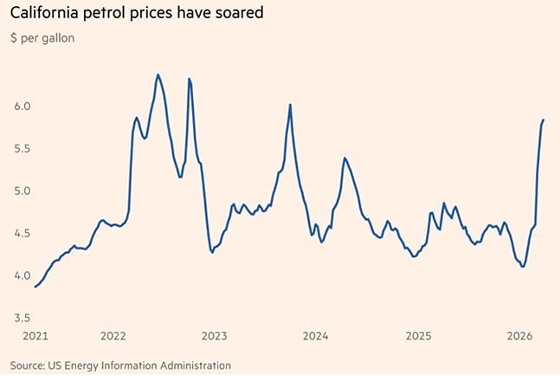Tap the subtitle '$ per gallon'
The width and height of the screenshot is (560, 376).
pos(43,39)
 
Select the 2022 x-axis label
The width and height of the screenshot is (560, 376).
pos(114,335)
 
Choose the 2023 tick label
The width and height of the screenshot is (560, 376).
pos(215,335)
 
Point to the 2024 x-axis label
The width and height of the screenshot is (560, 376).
pos(316,335)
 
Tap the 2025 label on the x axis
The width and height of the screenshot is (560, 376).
pos(418,335)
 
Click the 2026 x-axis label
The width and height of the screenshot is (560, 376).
pos(518,335)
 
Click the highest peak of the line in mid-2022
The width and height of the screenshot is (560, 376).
pos(158,75)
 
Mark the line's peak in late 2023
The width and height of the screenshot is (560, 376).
pos(290,105)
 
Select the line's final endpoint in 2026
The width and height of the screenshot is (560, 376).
pos(544,120)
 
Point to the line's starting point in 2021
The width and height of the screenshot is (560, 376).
pos(35,287)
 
